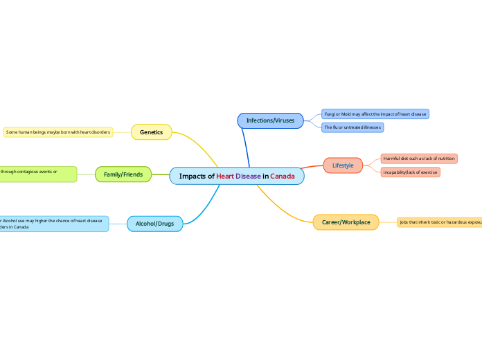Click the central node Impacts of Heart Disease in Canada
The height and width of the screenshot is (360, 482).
click(x=237, y=176)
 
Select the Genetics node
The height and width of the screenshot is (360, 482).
click(x=151, y=132)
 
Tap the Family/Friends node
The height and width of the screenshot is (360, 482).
click(x=123, y=174)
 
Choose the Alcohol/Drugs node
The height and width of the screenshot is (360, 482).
click(x=154, y=224)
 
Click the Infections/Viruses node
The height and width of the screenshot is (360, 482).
click(x=270, y=120)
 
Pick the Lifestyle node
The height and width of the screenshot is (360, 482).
click(x=343, y=165)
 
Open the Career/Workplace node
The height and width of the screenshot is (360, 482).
click(x=346, y=222)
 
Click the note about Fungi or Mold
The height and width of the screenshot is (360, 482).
click(x=375, y=114)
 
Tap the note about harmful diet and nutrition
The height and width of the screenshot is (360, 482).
click(x=419, y=159)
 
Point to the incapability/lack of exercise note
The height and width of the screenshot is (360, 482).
click(x=410, y=172)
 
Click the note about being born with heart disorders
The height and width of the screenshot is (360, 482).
click(x=58, y=132)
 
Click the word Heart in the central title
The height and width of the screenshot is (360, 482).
click(x=225, y=176)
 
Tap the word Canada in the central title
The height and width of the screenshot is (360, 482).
click(x=283, y=176)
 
